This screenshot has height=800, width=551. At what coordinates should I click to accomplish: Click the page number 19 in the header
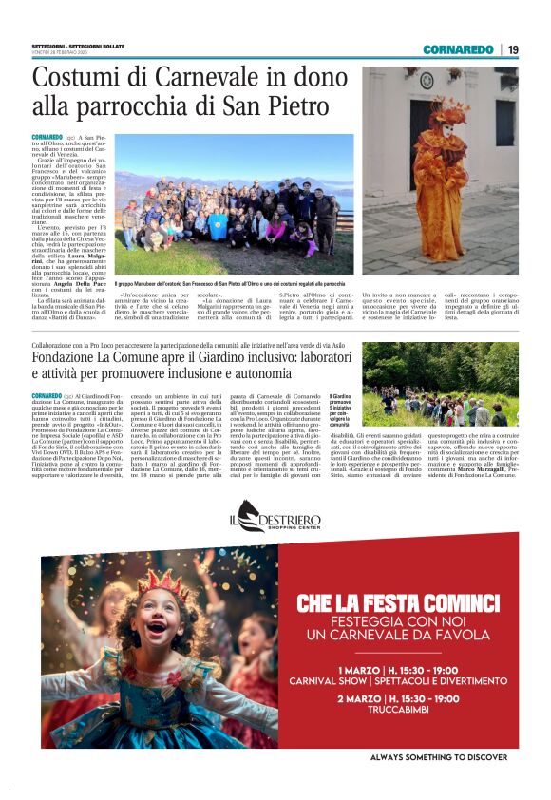pos(513,49)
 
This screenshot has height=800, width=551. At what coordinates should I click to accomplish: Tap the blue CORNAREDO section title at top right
pos(458,49)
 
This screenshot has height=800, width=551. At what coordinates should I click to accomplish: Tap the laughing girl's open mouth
pos(158,626)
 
